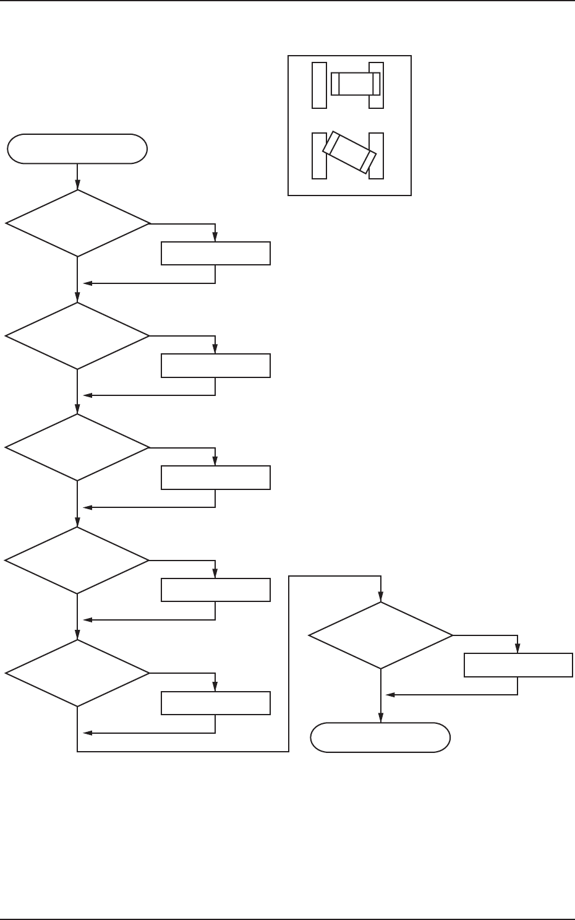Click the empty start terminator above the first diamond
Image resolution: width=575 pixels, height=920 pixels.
77,149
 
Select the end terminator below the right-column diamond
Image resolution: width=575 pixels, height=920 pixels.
380,737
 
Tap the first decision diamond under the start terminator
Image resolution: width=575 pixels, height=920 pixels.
77,223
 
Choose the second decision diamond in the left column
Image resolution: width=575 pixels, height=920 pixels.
77,336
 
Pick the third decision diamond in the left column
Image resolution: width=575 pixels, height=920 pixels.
77,447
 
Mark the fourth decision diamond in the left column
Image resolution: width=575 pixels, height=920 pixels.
77,561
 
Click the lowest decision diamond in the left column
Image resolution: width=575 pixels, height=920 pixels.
77,673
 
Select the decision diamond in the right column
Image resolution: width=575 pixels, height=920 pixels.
380,635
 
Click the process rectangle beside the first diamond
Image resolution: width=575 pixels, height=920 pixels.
215,254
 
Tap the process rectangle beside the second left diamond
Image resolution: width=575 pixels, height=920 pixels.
215,366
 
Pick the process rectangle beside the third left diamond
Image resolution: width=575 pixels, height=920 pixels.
215,478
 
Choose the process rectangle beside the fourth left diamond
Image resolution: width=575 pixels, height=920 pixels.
215,590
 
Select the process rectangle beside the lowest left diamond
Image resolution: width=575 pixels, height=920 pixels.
215,703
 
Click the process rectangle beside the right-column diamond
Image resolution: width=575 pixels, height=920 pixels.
518,665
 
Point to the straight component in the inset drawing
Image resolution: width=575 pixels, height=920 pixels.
356,84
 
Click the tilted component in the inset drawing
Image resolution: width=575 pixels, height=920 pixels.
350,152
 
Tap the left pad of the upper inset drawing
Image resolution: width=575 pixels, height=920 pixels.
319,85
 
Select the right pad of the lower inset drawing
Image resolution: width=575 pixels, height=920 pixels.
377,156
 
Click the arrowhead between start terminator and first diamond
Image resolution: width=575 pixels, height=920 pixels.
77,184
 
